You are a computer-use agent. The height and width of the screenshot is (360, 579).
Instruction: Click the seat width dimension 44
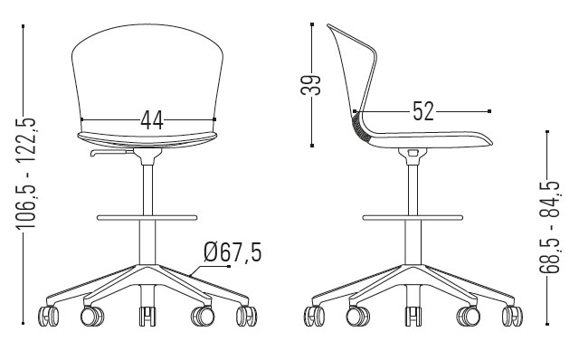click(x=152, y=120)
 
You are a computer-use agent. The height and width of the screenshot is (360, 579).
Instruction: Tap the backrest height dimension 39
click(x=311, y=85)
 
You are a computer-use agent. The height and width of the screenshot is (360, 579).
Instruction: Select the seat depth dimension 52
click(x=423, y=111)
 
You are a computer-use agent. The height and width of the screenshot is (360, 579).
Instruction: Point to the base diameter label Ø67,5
click(x=233, y=252)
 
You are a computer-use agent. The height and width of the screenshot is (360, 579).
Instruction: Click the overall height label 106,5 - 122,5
click(x=26, y=173)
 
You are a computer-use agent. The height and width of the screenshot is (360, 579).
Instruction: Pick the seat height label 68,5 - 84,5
click(x=550, y=227)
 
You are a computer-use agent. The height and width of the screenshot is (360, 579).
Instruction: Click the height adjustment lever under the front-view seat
click(x=111, y=152)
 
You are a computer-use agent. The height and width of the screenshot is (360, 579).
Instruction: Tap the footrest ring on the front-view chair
click(x=147, y=217)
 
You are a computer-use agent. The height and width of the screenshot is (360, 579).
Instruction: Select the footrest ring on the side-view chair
click(x=413, y=217)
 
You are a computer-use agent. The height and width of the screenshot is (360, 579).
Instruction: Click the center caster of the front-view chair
click(x=147, y=317)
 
